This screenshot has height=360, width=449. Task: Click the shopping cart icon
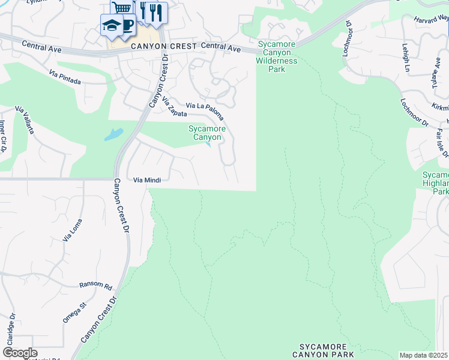pos(122,8)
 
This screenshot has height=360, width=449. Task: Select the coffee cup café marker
pos(127,25)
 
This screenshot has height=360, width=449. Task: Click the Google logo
pos(19,353)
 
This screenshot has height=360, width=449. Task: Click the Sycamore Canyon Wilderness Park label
pos(277,56)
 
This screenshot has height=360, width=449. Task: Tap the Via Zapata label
pos(174,107)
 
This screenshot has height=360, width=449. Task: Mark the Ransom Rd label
pos(96,286)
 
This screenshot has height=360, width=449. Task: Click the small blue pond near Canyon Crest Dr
pos(113,134)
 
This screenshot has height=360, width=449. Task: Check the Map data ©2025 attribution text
pos(424,355)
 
